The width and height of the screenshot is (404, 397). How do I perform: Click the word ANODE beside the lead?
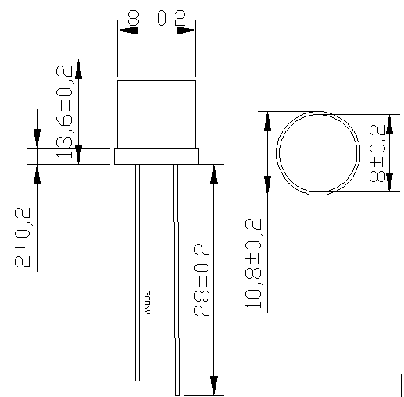[x=148, y=302]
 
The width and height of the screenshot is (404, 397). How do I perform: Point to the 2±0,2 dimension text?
[x=23, y=238]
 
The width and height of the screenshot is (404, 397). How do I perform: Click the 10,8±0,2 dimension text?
[x=253, y=263]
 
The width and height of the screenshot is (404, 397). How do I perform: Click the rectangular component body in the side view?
[x=156, y=114]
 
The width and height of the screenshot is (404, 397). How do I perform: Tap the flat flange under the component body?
[x=156, y=156]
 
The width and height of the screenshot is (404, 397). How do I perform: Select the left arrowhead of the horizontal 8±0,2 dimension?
[x=126, y=30]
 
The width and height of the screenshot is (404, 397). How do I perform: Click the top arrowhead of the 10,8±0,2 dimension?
[x=267, y=122]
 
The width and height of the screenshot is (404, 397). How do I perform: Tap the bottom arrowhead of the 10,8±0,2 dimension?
[x=267, y=184]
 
